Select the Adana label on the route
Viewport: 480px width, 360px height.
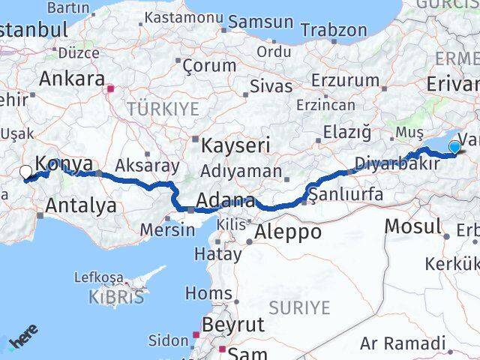click(x=226, y=201)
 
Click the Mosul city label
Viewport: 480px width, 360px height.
click(x=413, y=226)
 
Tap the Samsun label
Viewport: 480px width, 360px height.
click(x=260, y=22)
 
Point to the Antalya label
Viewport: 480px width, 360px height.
click(x=81, y=205)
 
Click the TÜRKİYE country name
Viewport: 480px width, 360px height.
click(x=163, y=109)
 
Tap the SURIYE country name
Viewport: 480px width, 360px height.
click(x=300, y=307)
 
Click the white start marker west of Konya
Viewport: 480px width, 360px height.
click(x=25, y=173)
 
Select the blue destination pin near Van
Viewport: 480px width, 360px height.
click(x=454, y=147)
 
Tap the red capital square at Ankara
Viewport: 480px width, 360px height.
click(x=111, y=88)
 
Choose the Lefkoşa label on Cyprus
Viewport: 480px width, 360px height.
click(x=98, y=277)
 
